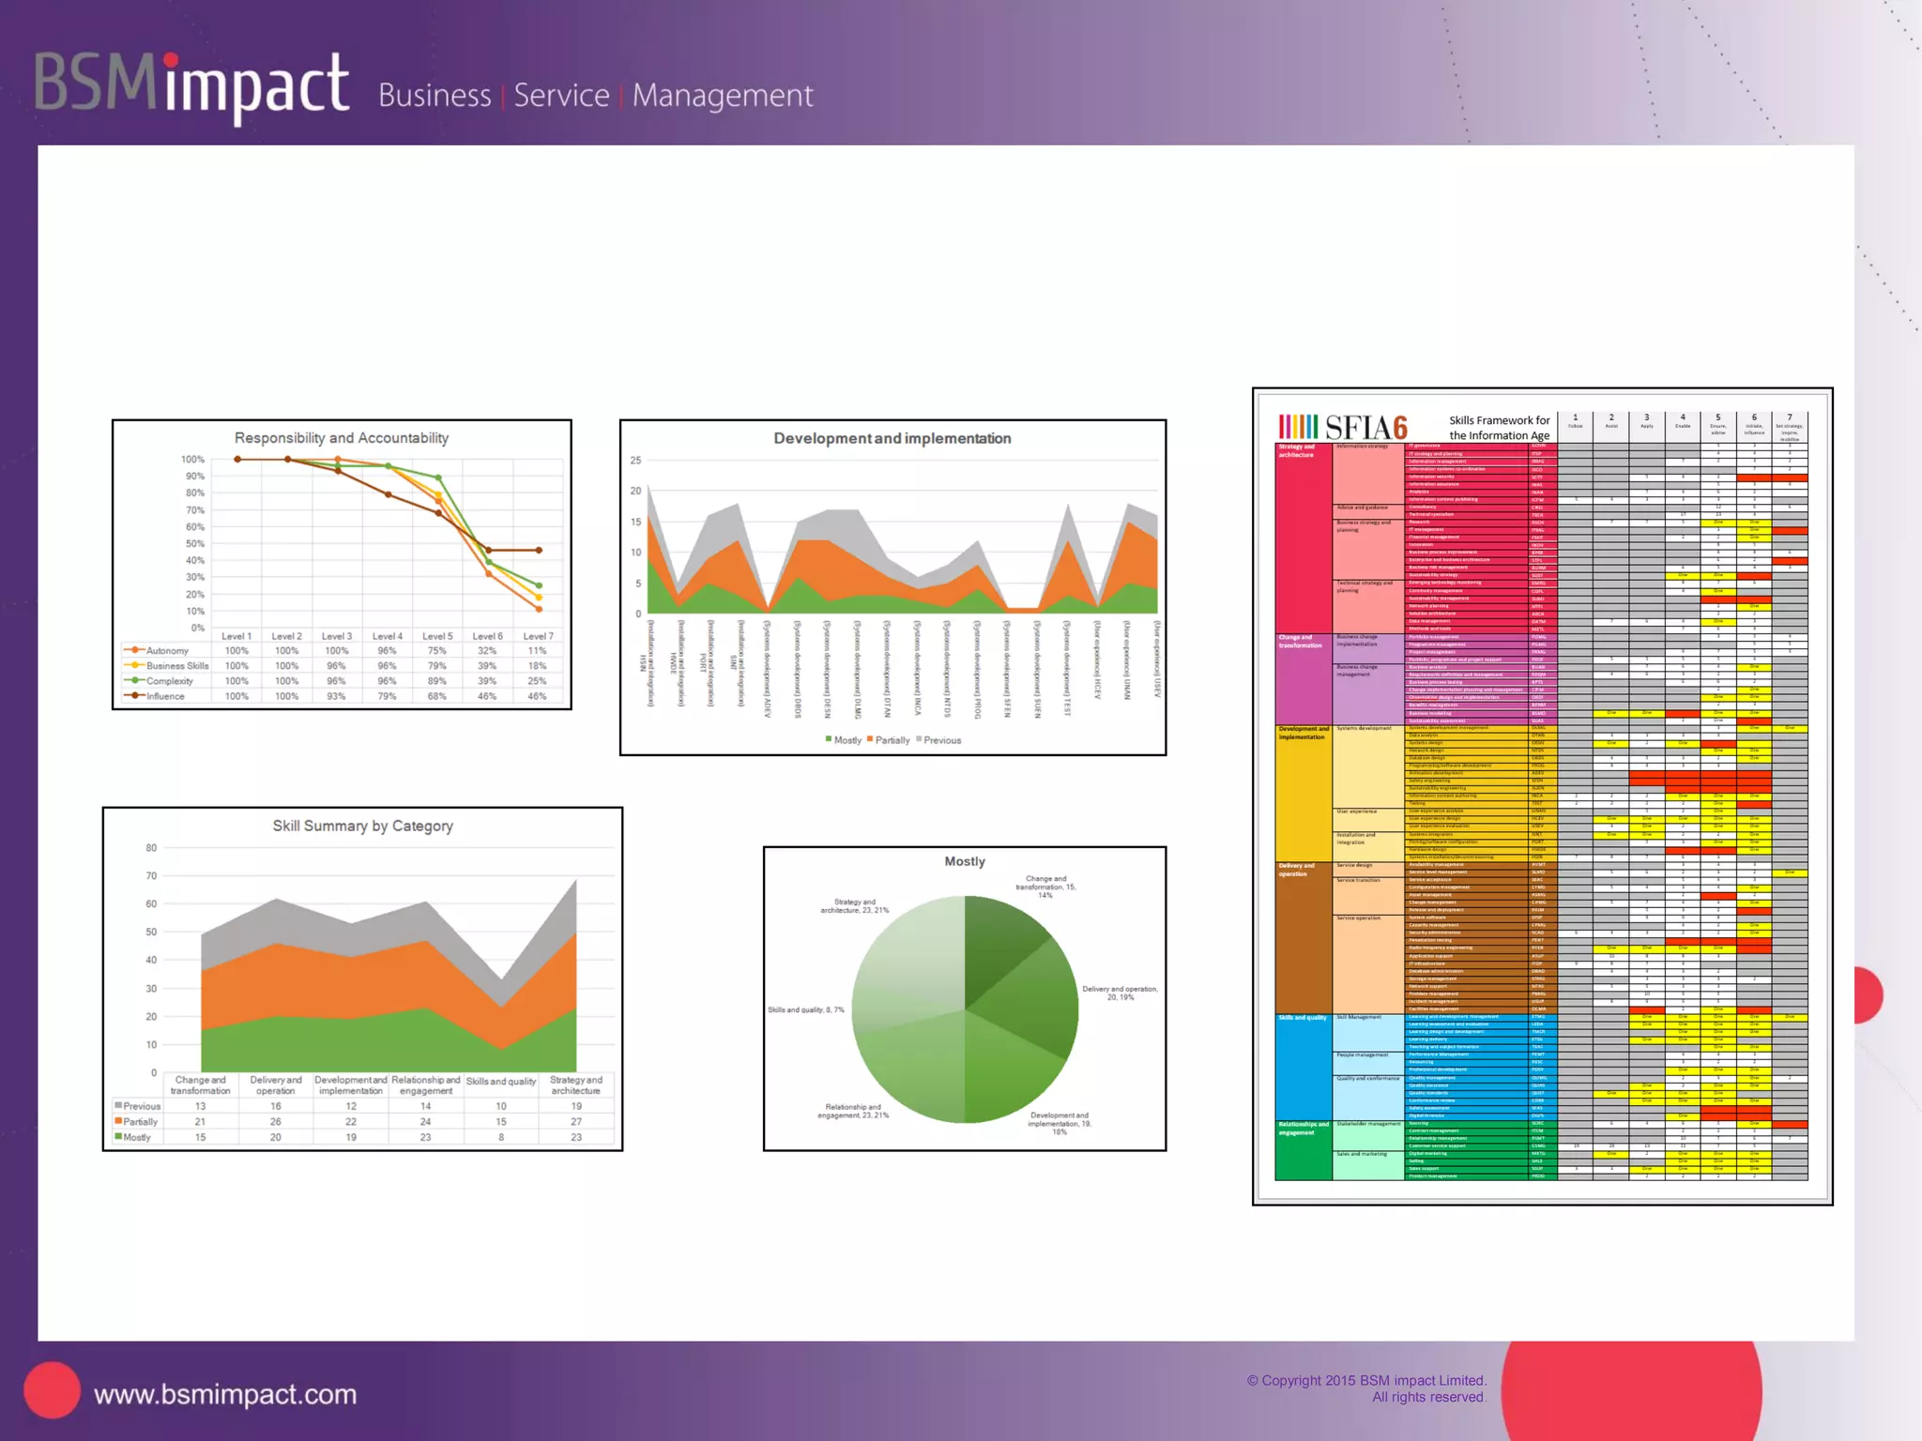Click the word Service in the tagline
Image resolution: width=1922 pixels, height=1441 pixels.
coord(561,96)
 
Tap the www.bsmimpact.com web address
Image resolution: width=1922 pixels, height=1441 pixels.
coord(225,1394)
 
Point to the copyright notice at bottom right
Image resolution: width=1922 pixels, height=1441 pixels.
coord(1366,1388)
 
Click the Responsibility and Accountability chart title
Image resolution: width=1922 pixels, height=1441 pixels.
coord(342,438)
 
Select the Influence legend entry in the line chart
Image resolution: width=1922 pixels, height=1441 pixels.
coord(165,696)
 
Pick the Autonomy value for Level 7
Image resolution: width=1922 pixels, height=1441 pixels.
coord(537,650)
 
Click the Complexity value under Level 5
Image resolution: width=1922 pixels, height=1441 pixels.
coord(436,681)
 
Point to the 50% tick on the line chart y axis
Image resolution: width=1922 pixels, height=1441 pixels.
coord(194,544)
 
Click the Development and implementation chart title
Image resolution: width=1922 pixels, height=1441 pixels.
coord(892,438)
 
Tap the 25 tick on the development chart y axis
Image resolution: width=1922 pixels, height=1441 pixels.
coord(635,461)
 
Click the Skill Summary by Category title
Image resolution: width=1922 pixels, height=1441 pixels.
coord(362,826)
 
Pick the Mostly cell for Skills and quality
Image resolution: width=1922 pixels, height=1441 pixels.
coord(501,1137)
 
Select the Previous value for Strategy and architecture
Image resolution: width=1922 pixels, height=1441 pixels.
coord(576,1106)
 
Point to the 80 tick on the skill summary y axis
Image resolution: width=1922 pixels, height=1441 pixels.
coord(151,848)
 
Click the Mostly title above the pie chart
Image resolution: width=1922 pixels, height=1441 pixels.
coord(965,861)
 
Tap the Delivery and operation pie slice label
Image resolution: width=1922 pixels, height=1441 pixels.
coord(1120,993)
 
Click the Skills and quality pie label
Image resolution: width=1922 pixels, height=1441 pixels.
coord(806,1010)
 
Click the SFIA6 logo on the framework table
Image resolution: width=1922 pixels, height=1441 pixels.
coord(1344,428)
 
